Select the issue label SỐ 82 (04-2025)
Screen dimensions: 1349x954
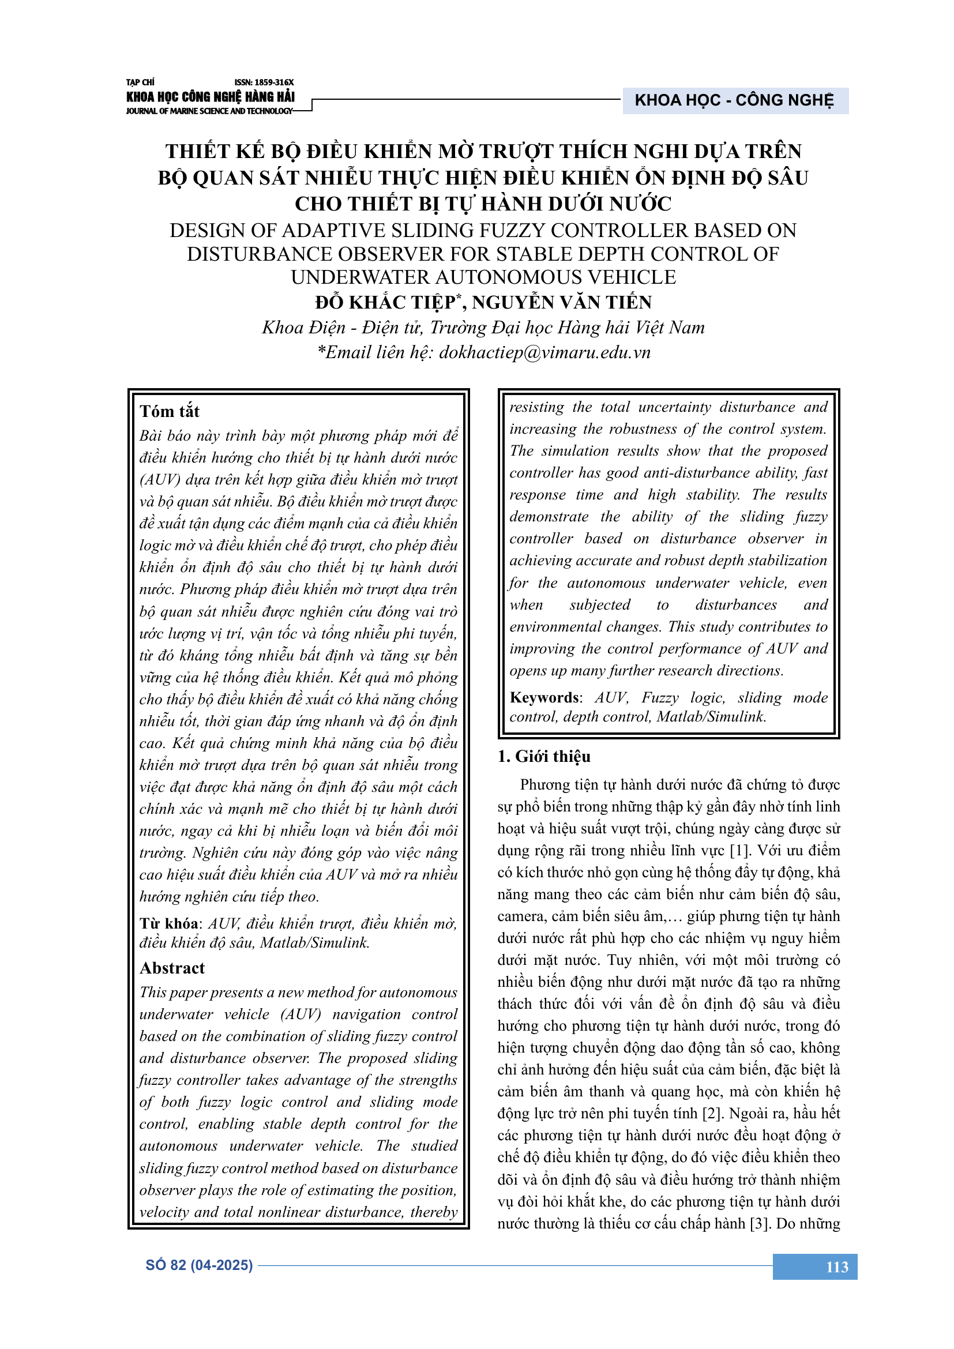coord(199,1265)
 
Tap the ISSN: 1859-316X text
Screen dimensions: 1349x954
coord(264,83)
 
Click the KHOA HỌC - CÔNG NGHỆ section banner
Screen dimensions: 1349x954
coord(734,100)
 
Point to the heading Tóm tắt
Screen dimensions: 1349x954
coord(170,411)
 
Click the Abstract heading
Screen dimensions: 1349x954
coord(172,968)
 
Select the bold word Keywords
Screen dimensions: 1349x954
coord(544,697)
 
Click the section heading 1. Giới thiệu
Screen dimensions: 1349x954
coord(544,756)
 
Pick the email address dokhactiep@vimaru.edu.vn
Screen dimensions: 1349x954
coord(544,352)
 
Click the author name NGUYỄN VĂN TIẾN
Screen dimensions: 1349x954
coord(562,303)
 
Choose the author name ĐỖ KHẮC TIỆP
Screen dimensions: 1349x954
coord(385,303)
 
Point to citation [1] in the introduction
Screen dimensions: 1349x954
coord(739,850)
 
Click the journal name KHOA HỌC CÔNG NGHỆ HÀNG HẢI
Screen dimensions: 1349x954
coord(211,97)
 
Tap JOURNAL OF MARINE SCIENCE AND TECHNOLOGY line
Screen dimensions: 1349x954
coord(209,111)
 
